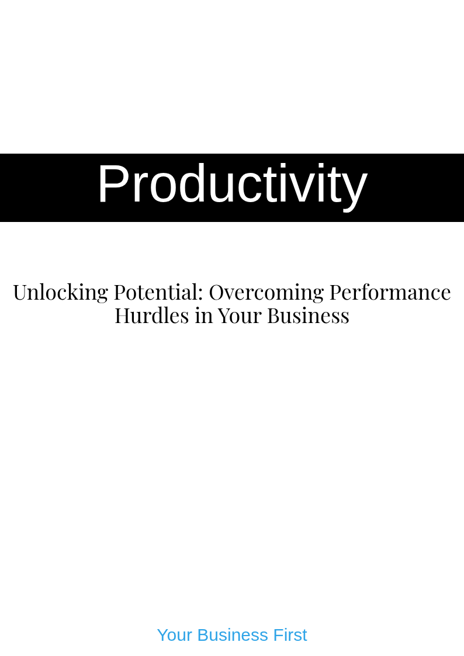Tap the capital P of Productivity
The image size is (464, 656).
(x=112, y=183)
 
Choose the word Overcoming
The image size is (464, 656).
(x=266, y=293)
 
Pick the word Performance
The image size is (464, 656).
(x=390, y=292)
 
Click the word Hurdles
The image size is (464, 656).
(x=152, y=315)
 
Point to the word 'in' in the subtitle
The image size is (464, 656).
(x=203, y=316)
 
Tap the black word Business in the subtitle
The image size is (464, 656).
(x=309, y=316)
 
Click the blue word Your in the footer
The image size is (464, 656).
(x=175, y=635)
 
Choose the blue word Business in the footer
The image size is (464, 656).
(x=233, y=635)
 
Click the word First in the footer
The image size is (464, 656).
(x=290, y=635)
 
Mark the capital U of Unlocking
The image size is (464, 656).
(x=20, y=293)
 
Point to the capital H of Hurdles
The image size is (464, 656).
(x=123, y=316)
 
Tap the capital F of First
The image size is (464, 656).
(x=278, y=635)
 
